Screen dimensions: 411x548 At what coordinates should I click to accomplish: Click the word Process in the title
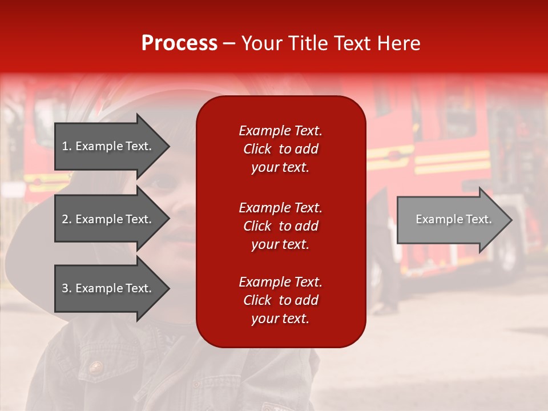coord(179,43)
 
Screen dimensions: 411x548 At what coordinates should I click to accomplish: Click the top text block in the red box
coord(280,149)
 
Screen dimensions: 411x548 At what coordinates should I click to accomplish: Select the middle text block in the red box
coord(280,226)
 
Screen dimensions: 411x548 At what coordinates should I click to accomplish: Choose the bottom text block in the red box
coord(280,300)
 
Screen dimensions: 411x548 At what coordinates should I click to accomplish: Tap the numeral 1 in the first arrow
coord(65,146)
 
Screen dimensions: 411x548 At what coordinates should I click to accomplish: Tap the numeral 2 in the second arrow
coord(65,219)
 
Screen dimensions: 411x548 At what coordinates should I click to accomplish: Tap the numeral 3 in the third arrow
coord(65,288)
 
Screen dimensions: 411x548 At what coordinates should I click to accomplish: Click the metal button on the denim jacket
coord(95,366)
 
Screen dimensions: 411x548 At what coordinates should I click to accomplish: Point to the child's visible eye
coord(163,183)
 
